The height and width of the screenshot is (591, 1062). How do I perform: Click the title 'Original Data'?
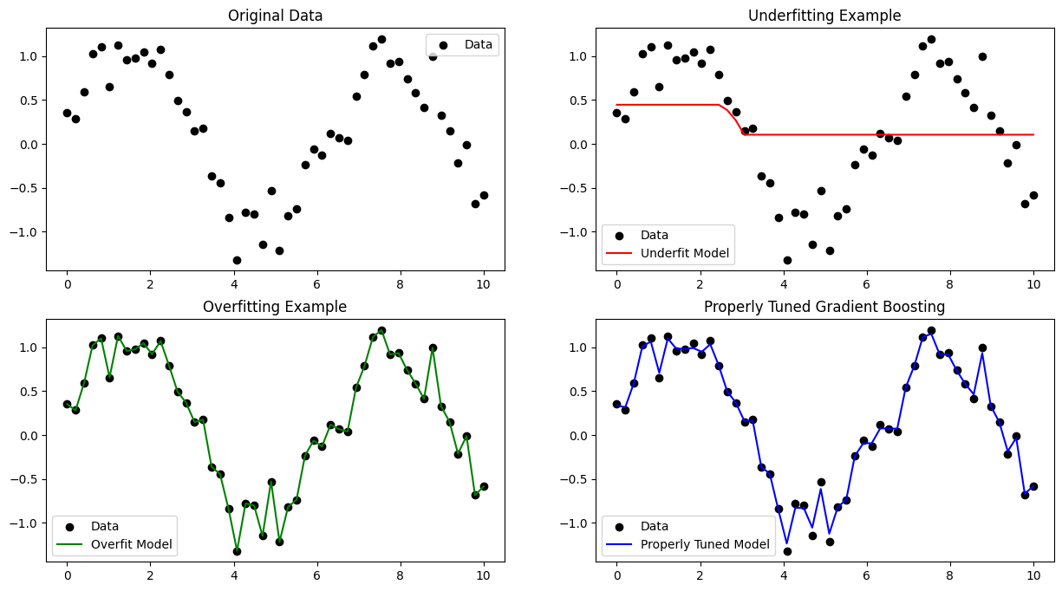[x=275, y=16]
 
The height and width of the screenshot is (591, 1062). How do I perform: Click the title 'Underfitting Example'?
[x=824, y=16]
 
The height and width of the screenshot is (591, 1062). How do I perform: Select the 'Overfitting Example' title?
[x=275, y=307]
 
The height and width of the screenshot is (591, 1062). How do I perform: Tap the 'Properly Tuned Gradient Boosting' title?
[x=824, y=307]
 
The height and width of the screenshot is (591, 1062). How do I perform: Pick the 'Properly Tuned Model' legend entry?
[x=704, y=545]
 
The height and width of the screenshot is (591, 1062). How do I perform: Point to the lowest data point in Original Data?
[x=237, y=260]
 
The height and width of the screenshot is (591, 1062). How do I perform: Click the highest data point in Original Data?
[x=381, y=39]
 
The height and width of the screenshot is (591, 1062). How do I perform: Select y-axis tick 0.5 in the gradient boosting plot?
[x=579, y=392]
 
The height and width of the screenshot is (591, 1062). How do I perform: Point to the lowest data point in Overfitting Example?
[x=237, y=551]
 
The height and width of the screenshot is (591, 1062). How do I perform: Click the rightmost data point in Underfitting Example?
[x=1033, y=195]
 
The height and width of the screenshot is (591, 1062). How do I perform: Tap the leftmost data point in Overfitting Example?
[x=67, y=404]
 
